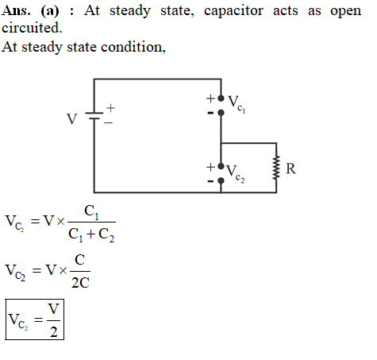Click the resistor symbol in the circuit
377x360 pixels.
point(276,168)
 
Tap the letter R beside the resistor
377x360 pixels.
point(290,168)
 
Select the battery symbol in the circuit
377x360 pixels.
point(94,116)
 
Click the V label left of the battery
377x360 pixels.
point(71,119)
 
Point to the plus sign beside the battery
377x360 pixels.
point(110,108)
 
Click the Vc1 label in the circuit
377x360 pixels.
point(237,104)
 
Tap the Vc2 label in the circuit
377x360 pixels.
point(236,174)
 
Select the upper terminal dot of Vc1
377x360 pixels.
point(221,99)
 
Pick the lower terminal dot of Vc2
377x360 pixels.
point(221,180)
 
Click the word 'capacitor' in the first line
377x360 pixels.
point(233,11)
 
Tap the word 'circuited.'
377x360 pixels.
point(32,28)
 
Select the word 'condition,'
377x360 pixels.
point(133,47)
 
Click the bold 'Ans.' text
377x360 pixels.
point(16,10)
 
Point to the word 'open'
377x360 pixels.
point(345,12)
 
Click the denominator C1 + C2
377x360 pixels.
point(91,235)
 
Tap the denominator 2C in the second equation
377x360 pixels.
point(80,283)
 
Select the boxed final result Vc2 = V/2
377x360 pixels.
point(35,319)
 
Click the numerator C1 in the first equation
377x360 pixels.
point(91,213)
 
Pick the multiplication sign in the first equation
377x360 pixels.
point(60,221)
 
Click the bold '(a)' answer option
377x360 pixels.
point(50,11)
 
